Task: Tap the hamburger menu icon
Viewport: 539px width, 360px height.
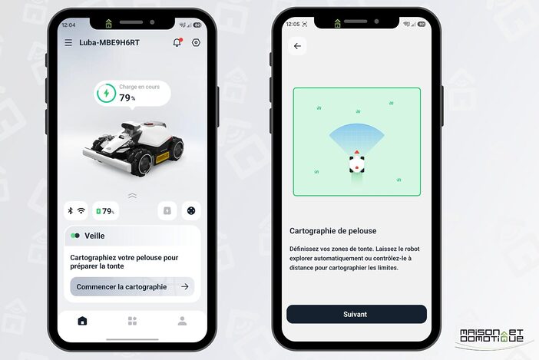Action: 68,42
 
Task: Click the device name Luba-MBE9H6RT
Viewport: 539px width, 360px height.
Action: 109,42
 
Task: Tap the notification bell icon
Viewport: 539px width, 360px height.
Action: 177,42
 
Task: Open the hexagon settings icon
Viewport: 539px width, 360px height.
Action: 196,42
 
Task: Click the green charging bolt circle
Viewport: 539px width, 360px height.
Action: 106,93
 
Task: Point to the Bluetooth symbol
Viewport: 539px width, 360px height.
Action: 71,210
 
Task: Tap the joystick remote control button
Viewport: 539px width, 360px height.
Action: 191,210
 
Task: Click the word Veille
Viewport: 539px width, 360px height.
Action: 94,236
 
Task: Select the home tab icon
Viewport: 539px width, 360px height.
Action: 82,321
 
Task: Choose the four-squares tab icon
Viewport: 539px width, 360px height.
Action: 132,321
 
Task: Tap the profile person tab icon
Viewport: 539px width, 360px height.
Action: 182,321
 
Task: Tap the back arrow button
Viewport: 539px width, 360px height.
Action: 297,46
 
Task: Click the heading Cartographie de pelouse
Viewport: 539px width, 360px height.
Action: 332,231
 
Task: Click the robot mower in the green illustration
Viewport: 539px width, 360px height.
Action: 357,162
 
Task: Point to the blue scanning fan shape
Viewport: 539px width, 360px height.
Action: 357,137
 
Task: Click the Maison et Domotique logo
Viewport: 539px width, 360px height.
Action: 491,336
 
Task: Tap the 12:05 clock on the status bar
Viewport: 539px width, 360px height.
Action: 293,24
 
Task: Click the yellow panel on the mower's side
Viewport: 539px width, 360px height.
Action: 162,157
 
